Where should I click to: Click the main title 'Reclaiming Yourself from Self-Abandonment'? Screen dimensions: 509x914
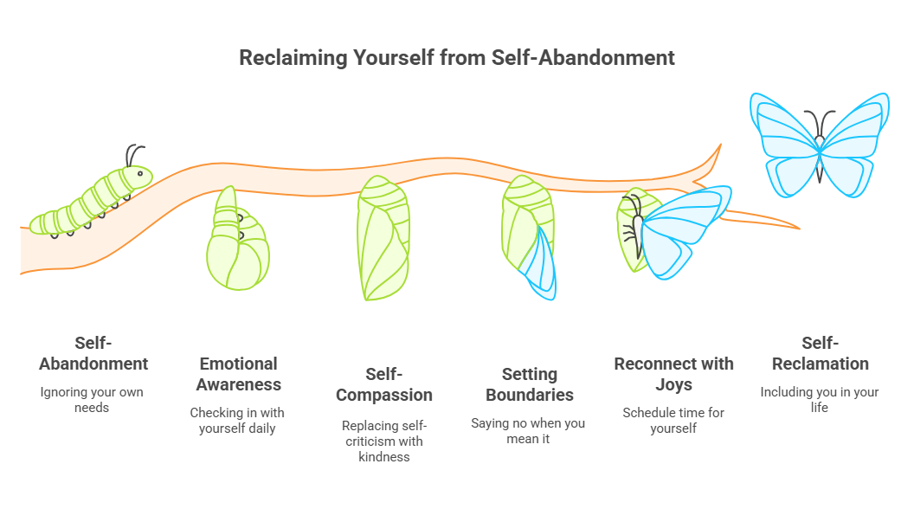point(457,58)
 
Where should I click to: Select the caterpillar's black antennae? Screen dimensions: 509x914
point(132,155)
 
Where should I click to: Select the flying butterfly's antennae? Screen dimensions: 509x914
point(819,121)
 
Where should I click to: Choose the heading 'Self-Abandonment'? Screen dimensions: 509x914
point(93,352)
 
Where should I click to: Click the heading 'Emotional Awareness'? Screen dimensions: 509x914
point(238,374)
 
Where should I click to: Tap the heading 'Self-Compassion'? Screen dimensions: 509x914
point(383,384)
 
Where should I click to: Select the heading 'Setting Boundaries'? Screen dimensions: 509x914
point(529,384)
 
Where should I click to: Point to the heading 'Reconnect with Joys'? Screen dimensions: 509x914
point(673,374)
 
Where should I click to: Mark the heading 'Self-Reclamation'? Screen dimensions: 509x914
point(820,352)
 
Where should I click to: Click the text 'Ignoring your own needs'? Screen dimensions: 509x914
point(92,399)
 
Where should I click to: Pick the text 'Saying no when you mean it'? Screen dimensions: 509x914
point(528,431)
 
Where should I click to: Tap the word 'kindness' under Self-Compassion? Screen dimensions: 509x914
point(383,456)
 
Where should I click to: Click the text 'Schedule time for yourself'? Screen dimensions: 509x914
point(673,420)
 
